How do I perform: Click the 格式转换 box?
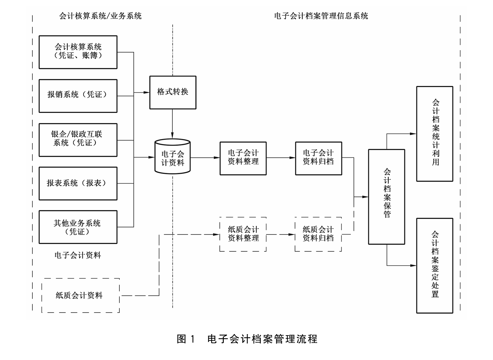click(173, 92)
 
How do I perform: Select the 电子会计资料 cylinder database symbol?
click(173, 157)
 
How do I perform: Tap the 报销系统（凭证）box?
click(78, 96)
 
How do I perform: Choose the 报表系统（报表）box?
click(78, 183)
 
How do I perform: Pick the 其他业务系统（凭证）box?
click(78, 227)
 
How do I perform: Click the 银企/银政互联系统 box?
click(78, 140)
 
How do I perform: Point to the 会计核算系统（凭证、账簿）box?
click(78, 52)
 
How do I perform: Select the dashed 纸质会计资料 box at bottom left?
click(80, 295)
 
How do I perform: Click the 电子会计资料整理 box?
click(243, 158)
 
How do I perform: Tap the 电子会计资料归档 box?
click(318, 158)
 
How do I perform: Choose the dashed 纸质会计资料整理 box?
click(243, 234)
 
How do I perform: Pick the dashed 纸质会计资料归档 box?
click(318, 234)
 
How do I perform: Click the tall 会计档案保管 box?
click(386, 197)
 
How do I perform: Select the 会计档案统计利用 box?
click(435, 134)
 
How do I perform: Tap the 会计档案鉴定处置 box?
click(435, 265)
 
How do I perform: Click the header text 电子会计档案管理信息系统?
click(321, 16)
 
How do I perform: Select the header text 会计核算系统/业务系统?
click(100, 16)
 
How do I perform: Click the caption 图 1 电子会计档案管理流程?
click(247, 339)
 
